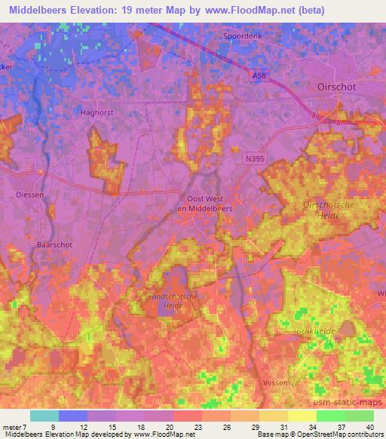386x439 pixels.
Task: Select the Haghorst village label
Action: (96, 112)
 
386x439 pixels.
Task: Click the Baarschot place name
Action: (53, 245)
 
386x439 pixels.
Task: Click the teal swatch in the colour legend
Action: (44, 416)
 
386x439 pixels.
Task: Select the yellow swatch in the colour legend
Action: (302, 416)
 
